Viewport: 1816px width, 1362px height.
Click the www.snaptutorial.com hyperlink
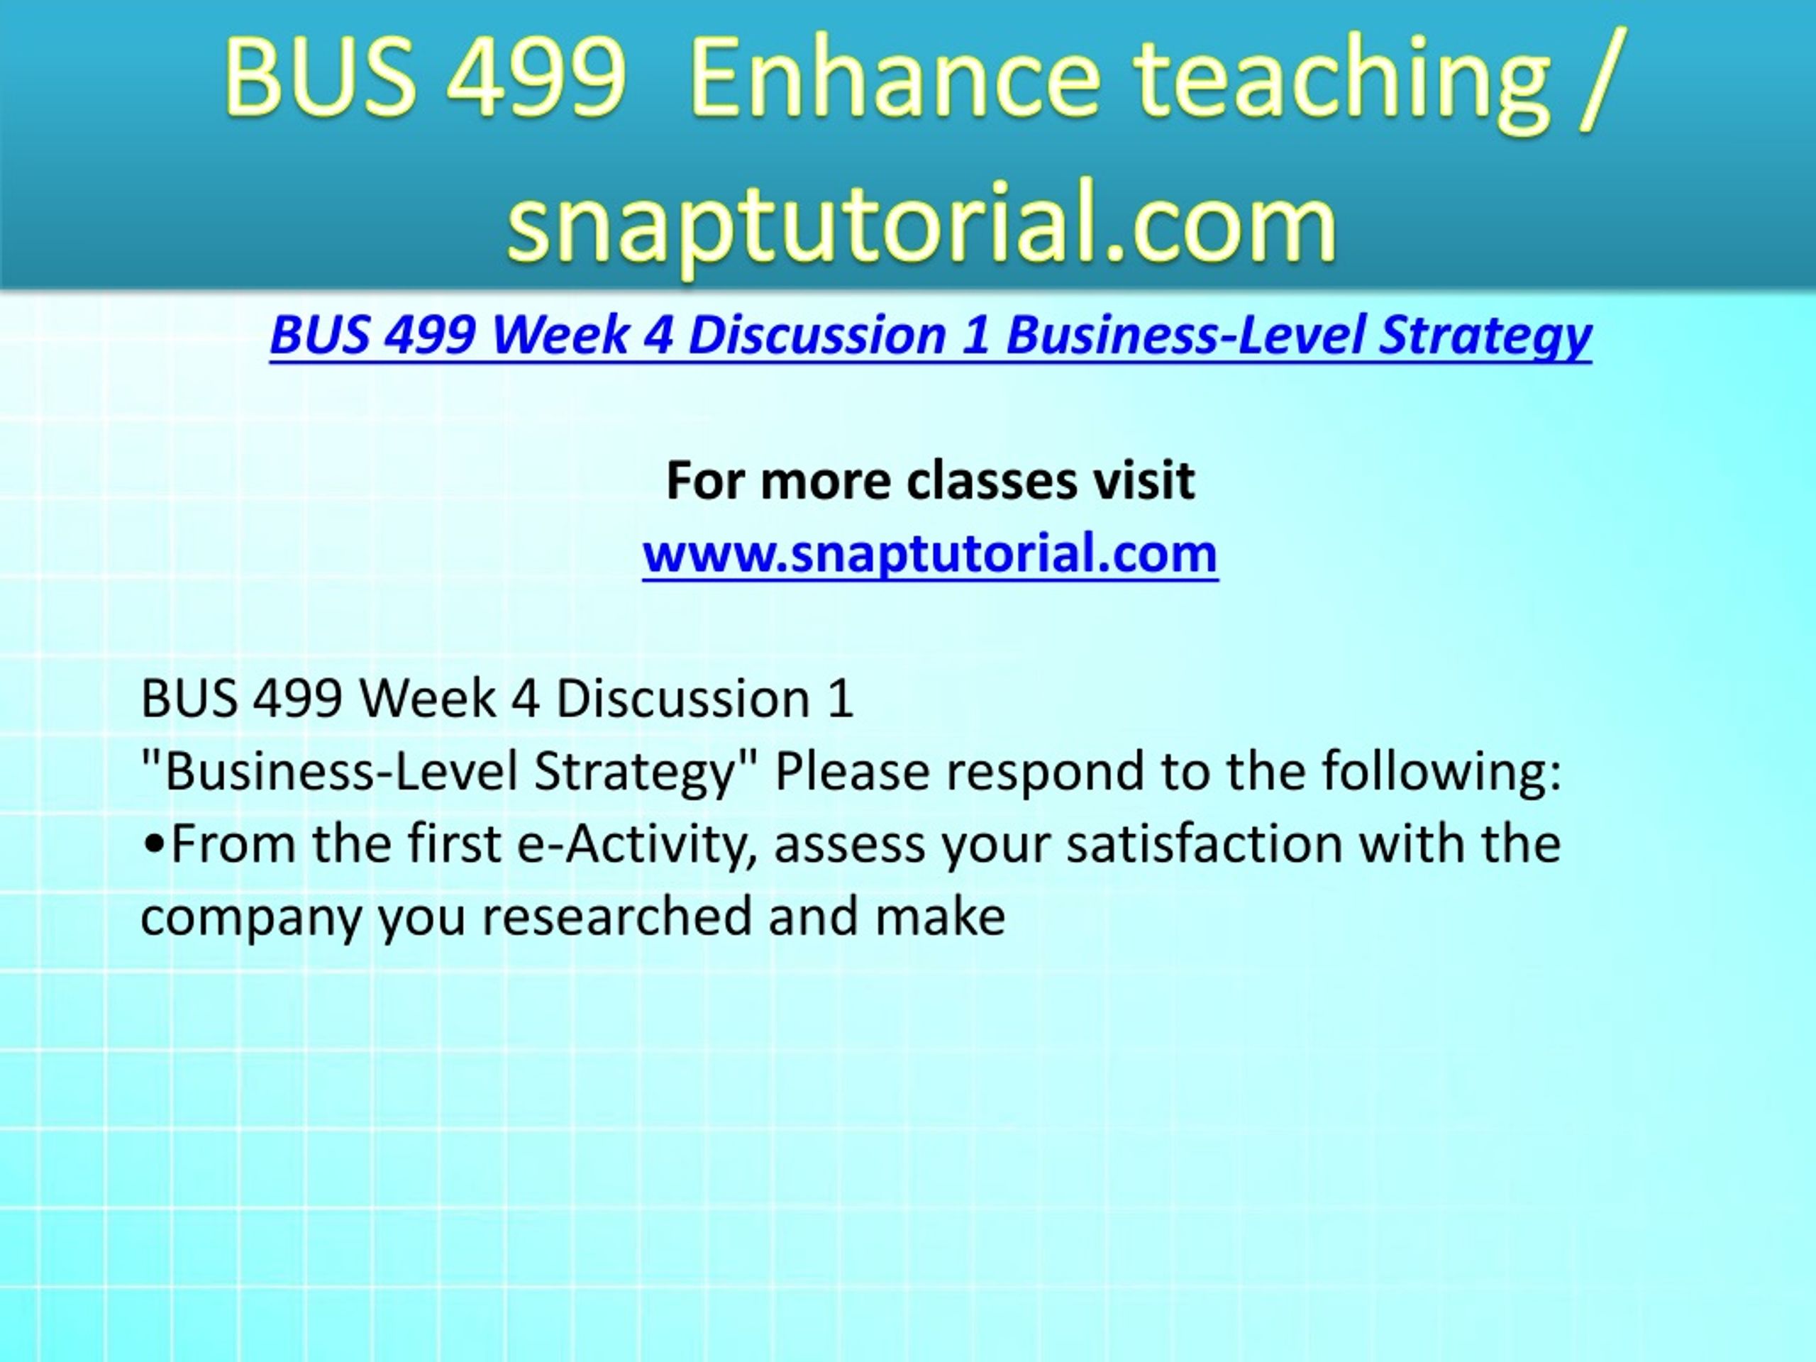(930, 554)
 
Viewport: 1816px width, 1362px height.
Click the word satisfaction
(1205, 844)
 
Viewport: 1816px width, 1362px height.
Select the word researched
(616, 917)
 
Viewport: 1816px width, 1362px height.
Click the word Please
(852, 772)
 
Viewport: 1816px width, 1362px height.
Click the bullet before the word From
(153, 846)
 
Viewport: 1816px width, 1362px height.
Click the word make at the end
(940, 917)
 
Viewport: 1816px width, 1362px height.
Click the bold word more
(826, 482)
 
